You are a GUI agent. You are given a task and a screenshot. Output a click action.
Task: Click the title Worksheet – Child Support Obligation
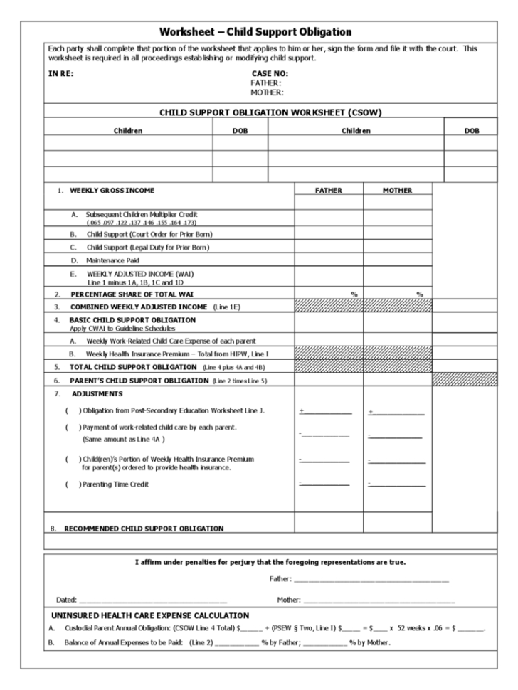[259, 32]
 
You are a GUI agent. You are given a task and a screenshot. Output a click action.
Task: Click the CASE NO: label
[270, 73]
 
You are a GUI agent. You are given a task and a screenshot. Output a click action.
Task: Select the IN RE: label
[60, 73]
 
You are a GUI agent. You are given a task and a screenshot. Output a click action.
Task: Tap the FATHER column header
[329, 191]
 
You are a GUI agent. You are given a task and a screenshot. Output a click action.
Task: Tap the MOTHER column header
[397, 191]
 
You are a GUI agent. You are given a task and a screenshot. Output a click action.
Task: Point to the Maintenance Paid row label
[113, 260]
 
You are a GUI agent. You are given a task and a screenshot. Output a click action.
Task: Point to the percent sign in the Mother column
[420, 294]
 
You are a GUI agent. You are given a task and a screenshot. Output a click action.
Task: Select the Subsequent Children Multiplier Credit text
[142, 213]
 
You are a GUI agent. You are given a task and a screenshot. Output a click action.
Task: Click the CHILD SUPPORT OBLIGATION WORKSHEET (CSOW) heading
[259, 111]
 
